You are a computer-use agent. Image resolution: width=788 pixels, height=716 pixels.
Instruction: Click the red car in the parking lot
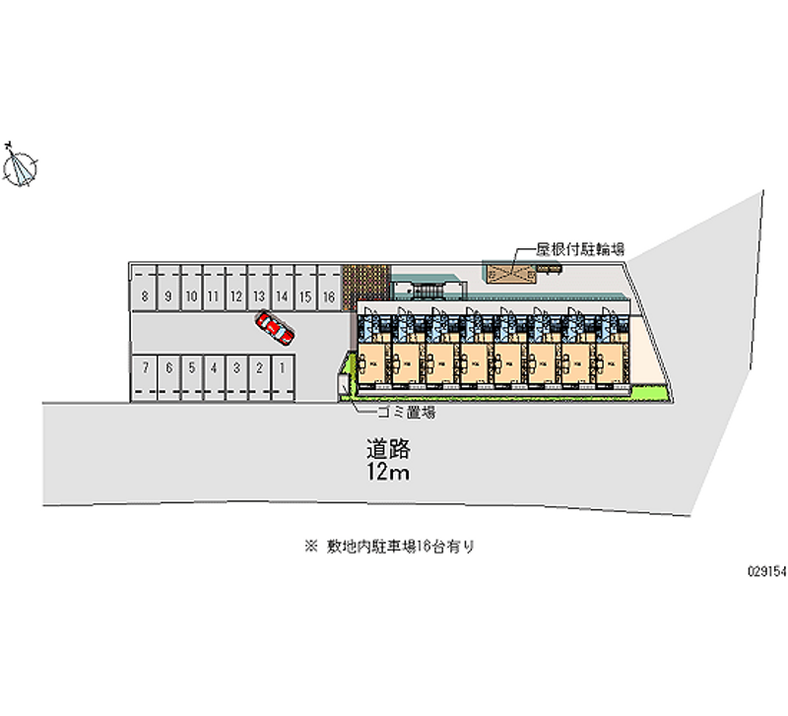[274, 328]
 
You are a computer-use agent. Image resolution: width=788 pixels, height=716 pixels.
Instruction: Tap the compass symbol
[21, 166]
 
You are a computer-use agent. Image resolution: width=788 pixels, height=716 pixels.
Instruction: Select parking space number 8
[145, 295]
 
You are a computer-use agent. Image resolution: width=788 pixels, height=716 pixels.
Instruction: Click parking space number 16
[329, 295]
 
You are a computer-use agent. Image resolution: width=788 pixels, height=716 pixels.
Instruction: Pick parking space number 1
[283, 367]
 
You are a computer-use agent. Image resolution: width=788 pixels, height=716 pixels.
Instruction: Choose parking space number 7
[145, 367]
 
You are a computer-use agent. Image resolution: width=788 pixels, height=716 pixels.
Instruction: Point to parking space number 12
[236, 295]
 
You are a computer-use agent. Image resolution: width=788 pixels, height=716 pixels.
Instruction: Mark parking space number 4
[214, 367]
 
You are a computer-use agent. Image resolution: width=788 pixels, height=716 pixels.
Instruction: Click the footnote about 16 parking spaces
[394, 545]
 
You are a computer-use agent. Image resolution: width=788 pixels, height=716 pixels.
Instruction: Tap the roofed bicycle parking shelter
[509, 273]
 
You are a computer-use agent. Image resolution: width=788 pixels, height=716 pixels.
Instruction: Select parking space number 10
[191, 295]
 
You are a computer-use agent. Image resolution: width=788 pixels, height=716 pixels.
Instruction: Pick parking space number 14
[282, 295]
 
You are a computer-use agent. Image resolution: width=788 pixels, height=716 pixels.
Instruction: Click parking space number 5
[191, 367]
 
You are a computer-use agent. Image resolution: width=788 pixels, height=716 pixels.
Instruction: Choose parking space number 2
[259, 367]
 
